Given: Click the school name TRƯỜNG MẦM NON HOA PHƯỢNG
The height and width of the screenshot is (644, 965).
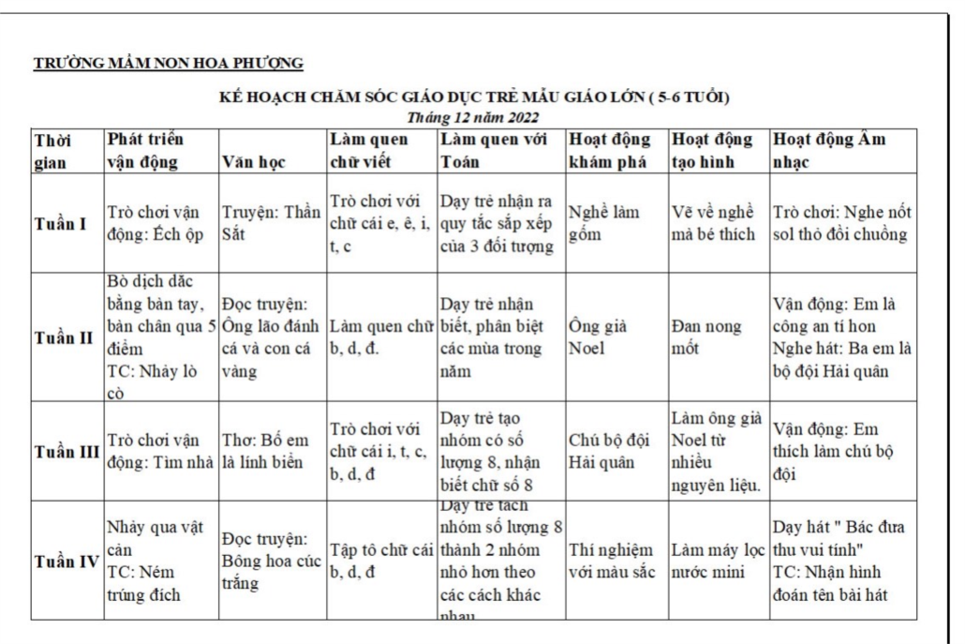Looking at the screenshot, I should pyautogui.click(x=169, y=64).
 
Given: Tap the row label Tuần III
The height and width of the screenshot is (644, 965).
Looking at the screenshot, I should pyautogui.click(x=66, y=451).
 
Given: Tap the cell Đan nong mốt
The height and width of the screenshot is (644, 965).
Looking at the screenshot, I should pyautogui.click(x=705, y=337).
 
